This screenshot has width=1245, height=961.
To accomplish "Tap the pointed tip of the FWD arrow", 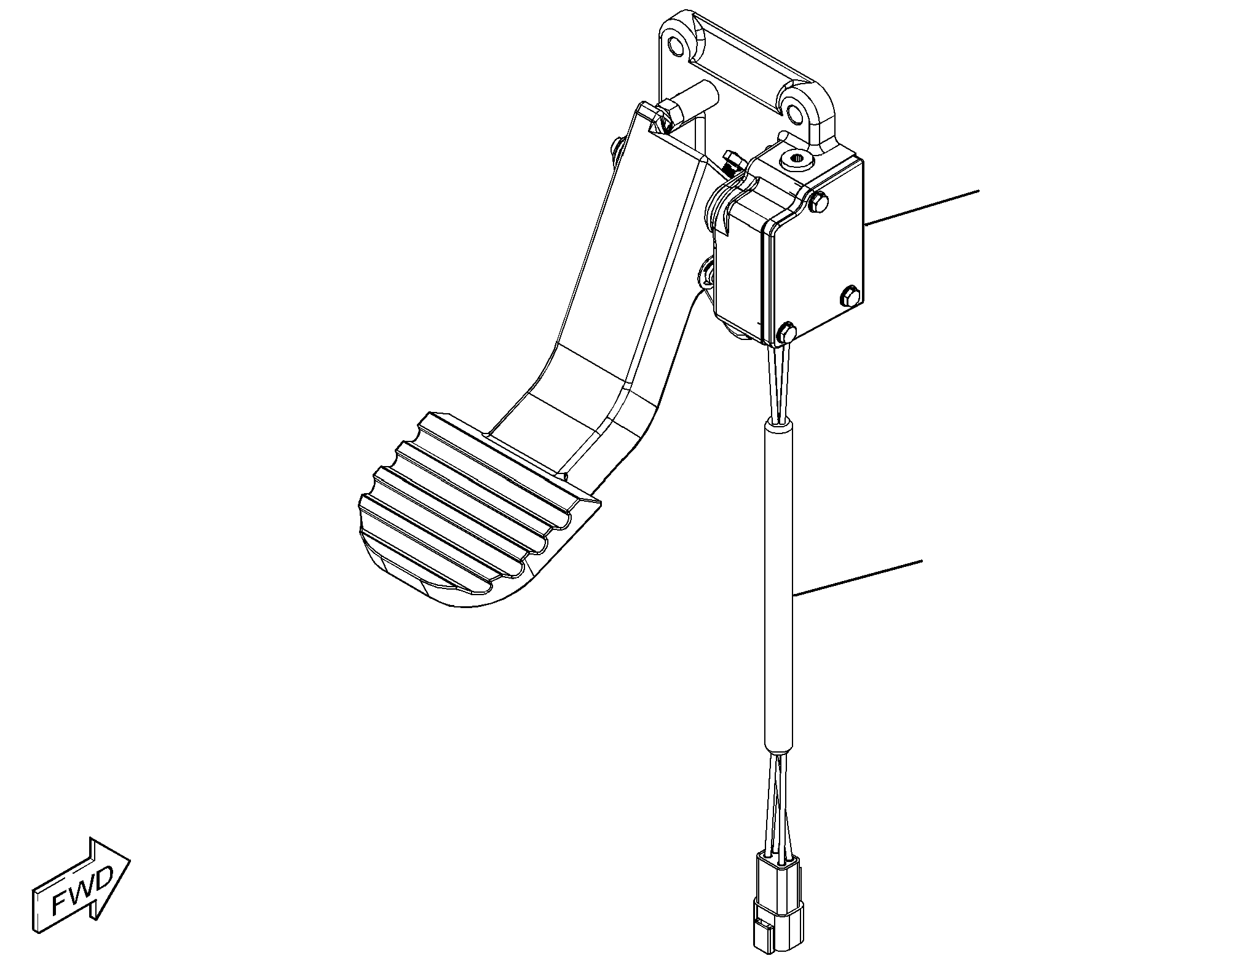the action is coord(130,858).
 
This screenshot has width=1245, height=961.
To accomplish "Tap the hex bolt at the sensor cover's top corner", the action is coord(819,203).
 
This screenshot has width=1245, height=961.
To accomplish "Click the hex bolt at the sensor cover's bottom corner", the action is coord(786,333).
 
